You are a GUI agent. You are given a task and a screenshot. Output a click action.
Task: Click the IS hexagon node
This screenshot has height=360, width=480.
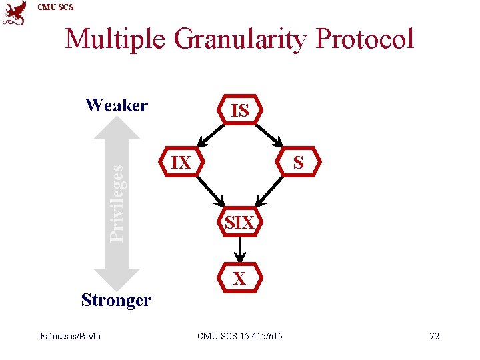coord(239,111)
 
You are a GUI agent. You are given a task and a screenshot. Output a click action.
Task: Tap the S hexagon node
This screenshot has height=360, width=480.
coord(298,162)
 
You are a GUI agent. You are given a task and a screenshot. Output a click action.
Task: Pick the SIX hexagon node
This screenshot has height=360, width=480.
coord(239,223)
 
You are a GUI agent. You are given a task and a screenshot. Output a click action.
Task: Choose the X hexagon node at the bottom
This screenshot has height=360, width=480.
coord(239,278)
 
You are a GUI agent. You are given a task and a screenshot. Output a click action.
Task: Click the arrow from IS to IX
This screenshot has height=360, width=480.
coord(213,135)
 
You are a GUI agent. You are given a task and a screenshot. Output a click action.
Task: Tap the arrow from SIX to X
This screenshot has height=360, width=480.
coord(239,250)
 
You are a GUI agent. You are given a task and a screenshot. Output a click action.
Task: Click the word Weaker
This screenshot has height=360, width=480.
coord(117,105)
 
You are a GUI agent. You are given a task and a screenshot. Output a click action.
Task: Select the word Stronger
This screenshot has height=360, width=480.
coord(116,300)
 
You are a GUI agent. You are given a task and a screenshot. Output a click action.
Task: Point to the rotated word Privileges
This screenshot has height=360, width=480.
coord(117,203)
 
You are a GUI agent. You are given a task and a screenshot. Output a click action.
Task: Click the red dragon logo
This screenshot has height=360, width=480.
coord(15,13)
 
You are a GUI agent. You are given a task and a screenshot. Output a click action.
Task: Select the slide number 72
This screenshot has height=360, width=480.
coord(434,336)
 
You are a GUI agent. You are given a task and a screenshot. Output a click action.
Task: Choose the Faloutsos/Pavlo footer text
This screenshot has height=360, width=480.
coord(71,336)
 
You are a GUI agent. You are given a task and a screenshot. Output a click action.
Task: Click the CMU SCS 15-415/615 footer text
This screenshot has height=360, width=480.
coord(239,336)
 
